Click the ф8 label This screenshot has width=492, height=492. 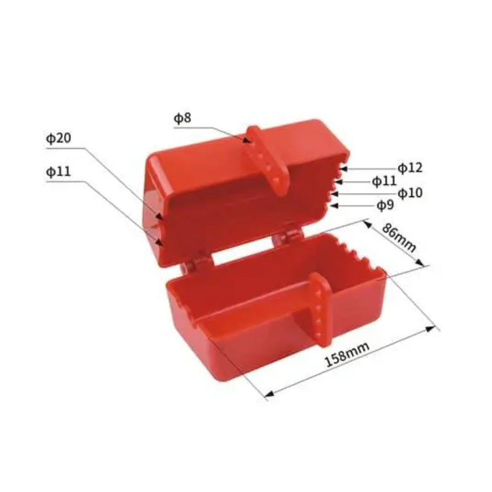(x=183, y=118)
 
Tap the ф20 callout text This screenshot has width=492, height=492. (x=58, y=139)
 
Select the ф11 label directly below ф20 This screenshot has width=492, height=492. (x=58, y=172)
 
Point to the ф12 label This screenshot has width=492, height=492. (x=410, y=167)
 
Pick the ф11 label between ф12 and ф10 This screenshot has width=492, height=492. (x=384, y=180)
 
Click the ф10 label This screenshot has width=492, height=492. (x=410, y=193)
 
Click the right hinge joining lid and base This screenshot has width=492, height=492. (x=284, y=237)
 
